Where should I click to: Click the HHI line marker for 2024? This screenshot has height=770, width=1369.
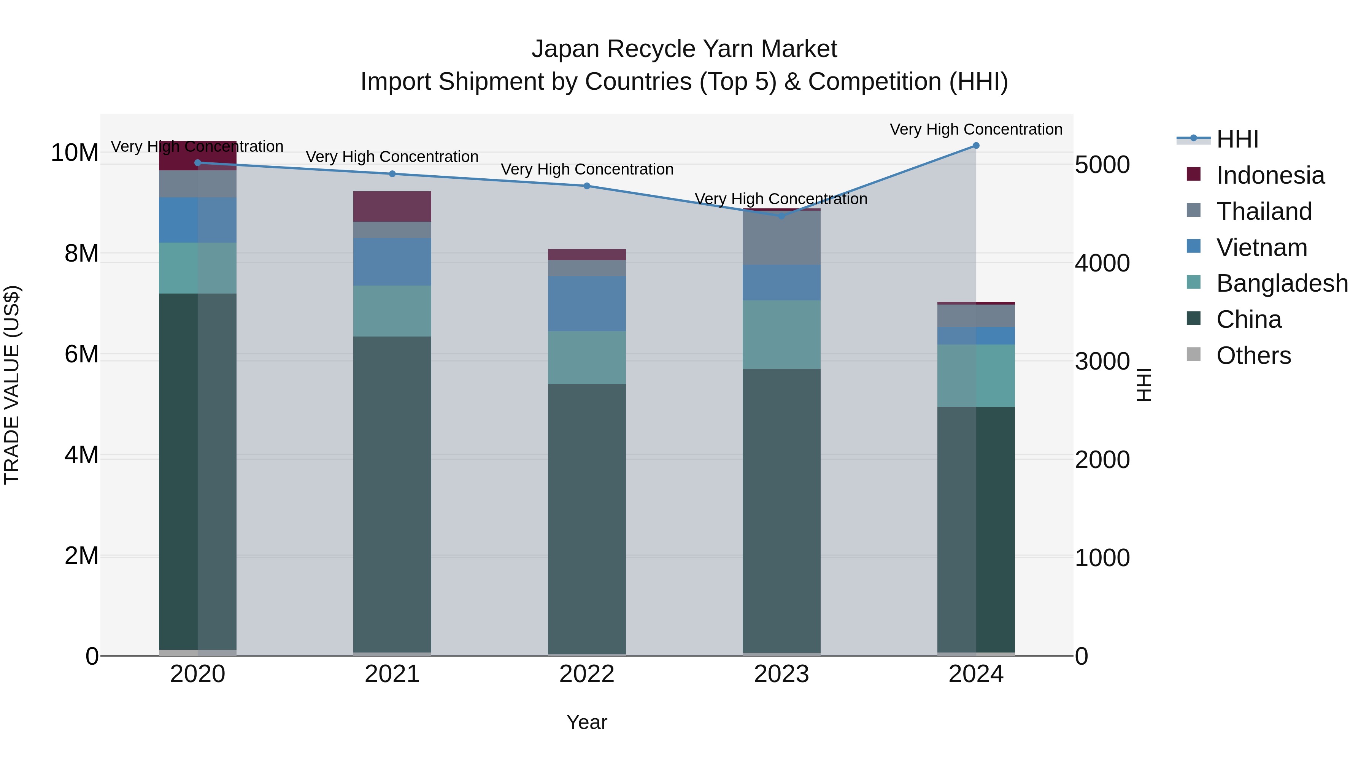[976, 146]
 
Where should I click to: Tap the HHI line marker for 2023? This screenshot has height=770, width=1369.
[781, 216]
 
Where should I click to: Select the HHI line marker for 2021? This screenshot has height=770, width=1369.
[392, 174]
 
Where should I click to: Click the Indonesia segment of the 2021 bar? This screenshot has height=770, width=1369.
[392, 206]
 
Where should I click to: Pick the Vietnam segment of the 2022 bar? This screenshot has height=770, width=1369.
[587, 303]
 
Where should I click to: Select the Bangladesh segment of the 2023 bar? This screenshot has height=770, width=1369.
[781, 334]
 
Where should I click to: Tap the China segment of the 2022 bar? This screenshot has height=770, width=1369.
[587, 518]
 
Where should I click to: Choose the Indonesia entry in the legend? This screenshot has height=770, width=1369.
[1270, 175]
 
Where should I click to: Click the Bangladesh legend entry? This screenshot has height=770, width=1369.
[1282, 283]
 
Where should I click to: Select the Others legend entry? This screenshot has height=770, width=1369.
[1253, 356]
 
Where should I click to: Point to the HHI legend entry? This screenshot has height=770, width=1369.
[1237, 139]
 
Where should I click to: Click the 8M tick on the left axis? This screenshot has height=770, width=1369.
[81, 254]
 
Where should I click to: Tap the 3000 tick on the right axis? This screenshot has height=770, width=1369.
[1102, 361]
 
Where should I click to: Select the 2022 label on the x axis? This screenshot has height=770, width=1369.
[587, 674]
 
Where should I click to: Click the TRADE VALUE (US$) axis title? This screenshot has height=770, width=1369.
[12, 385]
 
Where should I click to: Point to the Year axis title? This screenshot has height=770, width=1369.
[587, 722]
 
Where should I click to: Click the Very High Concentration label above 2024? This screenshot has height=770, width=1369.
[976, 129]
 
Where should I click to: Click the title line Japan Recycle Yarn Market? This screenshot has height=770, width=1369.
[684, 49]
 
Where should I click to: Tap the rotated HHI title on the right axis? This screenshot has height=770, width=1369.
[1143, 385]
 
